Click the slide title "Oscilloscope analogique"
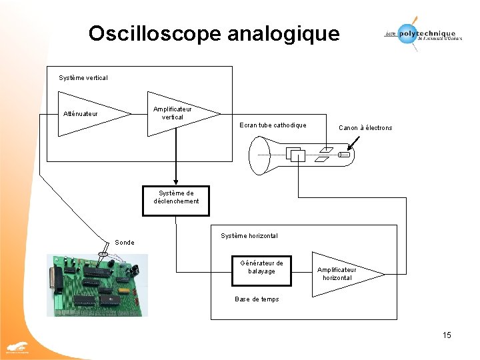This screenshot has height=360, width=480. click(213, 33)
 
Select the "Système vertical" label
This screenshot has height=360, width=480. click(83, 78)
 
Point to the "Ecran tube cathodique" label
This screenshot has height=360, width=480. click(273, 125)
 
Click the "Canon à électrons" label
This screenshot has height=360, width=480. click(365, 127)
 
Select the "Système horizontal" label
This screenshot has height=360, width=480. click(249, 235)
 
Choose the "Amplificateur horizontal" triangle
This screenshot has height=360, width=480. click(343, 273)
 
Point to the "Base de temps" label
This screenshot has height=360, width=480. click(257, 299)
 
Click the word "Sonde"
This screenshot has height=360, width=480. click(125, 242)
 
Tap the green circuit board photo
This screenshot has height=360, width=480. click(97, 285)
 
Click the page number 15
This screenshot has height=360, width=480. click(447, 335)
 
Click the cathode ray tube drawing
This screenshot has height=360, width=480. click(300, 155)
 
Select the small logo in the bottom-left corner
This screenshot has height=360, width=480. click(17, 348)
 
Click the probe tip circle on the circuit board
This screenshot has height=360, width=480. click(103, 254)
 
